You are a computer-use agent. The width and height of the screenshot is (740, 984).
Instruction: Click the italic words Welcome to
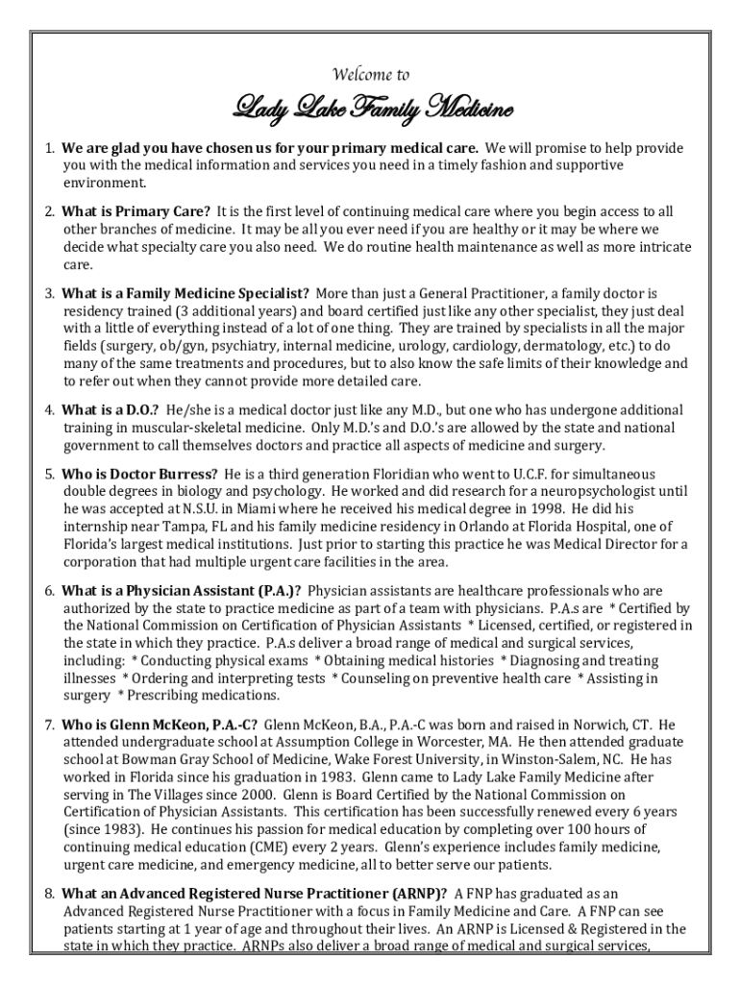pyautogui.click(x=370, y=75)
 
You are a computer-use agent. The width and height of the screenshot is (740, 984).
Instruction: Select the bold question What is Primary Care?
pyautogui.click(x=136, y=211)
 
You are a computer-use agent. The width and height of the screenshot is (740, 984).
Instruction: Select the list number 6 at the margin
pyautogui.click(x=48, y=590)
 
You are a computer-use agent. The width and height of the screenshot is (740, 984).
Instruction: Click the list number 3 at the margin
pyautogui.click(x=48, y=293)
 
